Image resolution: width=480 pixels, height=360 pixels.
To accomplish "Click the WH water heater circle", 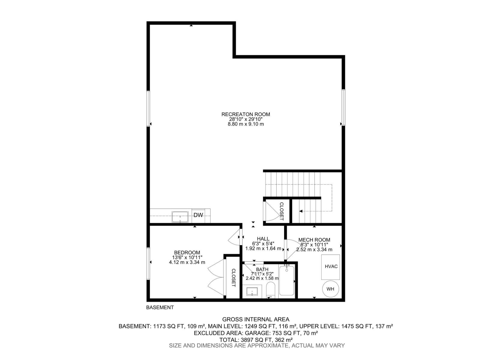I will coord(330,289).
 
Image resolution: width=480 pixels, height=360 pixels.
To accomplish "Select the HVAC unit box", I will coord(331,267).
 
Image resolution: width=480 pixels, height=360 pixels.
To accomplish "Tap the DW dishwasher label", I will coord(198,215).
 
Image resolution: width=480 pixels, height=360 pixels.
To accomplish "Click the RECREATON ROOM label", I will coord(246,114).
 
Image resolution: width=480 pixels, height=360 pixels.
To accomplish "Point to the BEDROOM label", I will coord(187,253).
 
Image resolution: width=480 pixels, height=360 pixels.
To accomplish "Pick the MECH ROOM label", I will coord(314,240).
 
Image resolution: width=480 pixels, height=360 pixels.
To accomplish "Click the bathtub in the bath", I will coord(287,280).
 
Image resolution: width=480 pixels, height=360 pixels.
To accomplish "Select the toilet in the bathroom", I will coord(271,289).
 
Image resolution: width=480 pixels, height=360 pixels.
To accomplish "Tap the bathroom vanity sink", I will coord(252,291).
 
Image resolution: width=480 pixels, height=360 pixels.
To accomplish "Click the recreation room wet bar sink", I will coord(180,217).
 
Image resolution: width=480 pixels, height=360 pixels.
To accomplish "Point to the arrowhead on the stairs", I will coord(301,211).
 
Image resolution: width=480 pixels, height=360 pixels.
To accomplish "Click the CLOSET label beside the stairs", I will coord(281,211).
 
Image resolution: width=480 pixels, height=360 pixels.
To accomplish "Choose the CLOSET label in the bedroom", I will coord(233,277).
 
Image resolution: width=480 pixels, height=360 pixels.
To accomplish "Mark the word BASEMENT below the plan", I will coord(160,307).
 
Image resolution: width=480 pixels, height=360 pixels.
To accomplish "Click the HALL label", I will coord(263,239).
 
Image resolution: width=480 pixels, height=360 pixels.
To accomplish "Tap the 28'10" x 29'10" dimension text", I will coord(246,119).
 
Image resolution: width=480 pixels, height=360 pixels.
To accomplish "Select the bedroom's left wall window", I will coord(148,264).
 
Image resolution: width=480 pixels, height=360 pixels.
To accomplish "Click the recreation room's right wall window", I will coord(343,108).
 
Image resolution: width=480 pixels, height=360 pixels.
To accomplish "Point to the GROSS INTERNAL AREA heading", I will coord(256,319).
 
